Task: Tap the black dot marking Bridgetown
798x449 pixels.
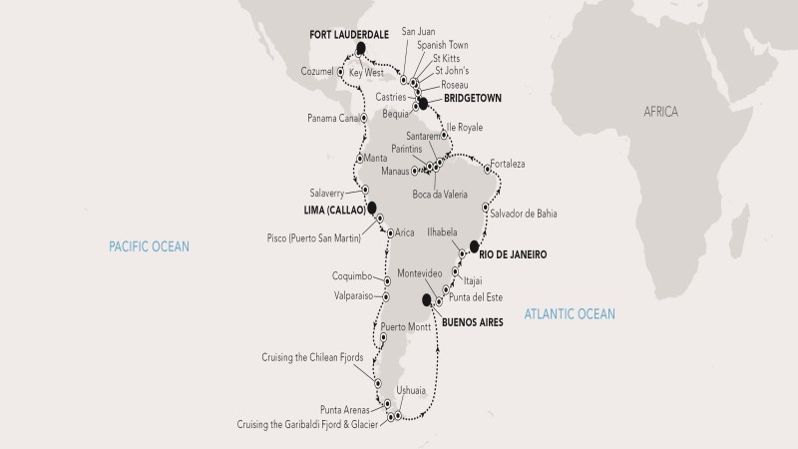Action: point(423,102)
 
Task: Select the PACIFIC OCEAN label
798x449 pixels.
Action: point(150,245)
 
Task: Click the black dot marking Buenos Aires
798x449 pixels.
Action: point(427,299)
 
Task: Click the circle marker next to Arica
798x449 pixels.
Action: point(388,232)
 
